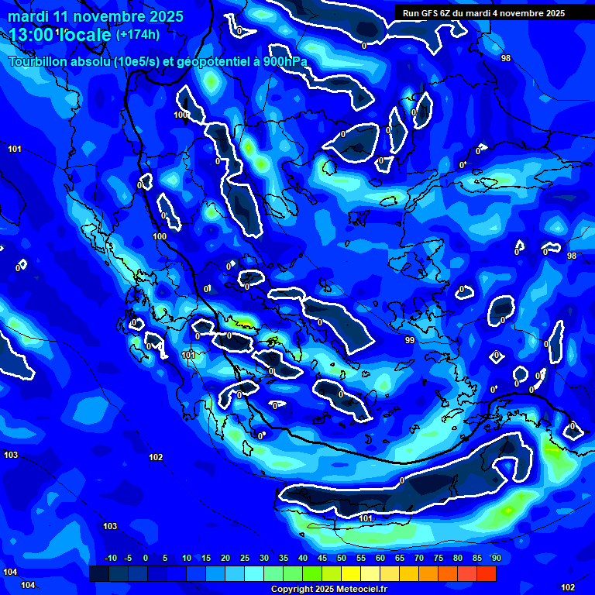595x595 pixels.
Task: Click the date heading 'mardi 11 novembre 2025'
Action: (x=96, y=16)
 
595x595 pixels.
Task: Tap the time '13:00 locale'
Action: (x=60, y=34)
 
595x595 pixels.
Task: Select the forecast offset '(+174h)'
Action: (x=138, y=34)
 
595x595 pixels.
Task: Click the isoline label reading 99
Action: (x=410, y=340)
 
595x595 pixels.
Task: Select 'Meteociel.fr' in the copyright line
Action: (x=360, y=590)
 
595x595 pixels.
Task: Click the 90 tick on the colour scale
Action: (x=496, y=559)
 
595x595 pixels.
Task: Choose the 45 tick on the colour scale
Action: (x=322, y=559)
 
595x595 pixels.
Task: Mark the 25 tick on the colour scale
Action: (x=245, y=559)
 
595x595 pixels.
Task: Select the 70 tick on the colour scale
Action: (x=419, y=559)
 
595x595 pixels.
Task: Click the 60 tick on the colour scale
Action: (x=380, y=559)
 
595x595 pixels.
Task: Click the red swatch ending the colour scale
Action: (x=487, y=573)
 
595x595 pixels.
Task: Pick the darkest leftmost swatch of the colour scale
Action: (x=99, y=573)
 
